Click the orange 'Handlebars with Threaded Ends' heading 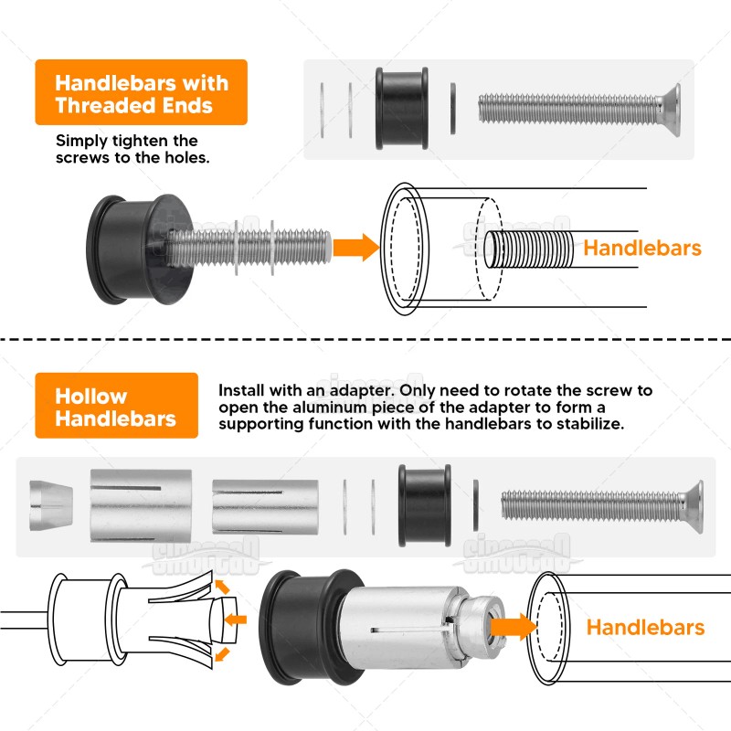point(142,93)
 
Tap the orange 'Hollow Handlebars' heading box point(115,408)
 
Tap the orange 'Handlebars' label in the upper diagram point(642,248)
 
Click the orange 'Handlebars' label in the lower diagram point(645,628)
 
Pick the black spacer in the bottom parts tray point(424,506)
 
